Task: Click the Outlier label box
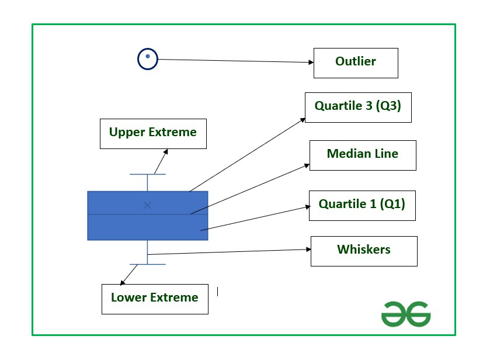[355, 63]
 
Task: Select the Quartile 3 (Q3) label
[357, 107]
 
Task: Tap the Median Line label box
[362, 155]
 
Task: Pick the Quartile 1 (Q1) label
[362, 205]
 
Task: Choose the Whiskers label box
[363, 251]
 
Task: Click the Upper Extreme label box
[152, 133]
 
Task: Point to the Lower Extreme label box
[154, 298]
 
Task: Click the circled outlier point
[148, 58]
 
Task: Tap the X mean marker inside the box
[147, 205]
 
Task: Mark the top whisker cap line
[147, 174]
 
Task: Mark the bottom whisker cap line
[147, 264]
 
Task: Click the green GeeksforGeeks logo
[405, 314]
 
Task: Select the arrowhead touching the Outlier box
[311, 62]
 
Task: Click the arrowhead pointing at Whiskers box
[308, 250]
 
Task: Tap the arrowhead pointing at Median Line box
[307, 165]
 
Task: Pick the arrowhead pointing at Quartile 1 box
[306, 206]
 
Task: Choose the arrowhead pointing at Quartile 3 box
[303, 119]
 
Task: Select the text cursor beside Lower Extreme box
[217, 291]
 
